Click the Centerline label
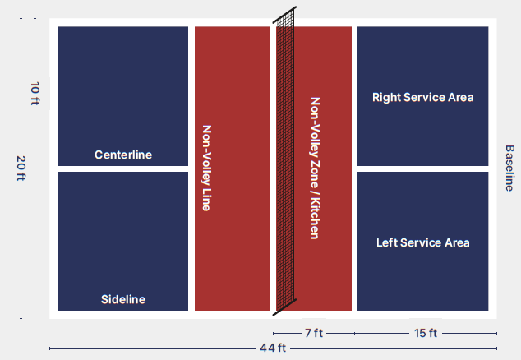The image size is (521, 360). pyautogui.click(x=123, y=155)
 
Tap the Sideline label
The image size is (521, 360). pyautogui.click(x=123, y=299)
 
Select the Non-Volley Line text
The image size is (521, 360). pyautogui.click(x=206, y=168)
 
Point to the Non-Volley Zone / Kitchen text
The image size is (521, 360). pyautogui.click(x=314, y=168)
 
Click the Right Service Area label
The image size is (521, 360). pyautogui.click(x=423, y=97)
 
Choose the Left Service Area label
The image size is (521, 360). pyautogui.click(x=423, y=242)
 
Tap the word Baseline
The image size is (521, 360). pyautogui.click(x=509, y=168)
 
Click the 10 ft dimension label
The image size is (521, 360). pyautogui.click(x=35, y=97)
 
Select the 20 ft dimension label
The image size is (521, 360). pyautogui.click(x=21, y=168)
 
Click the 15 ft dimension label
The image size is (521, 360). pyautogui.click(x=426, y=333)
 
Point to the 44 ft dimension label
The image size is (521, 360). pyautogui.click(x=273, y=348)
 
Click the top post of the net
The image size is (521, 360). pyautogui.click(x=293, y=11)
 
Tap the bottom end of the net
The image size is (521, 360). pyautogui.click(x=275, y=313)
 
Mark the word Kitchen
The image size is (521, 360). pyautogui.click(x=314, y=218)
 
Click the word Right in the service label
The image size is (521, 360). pyautogui.click(x=386, y=97)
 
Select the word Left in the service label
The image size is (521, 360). pyautogui.click(x=387, y=242)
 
